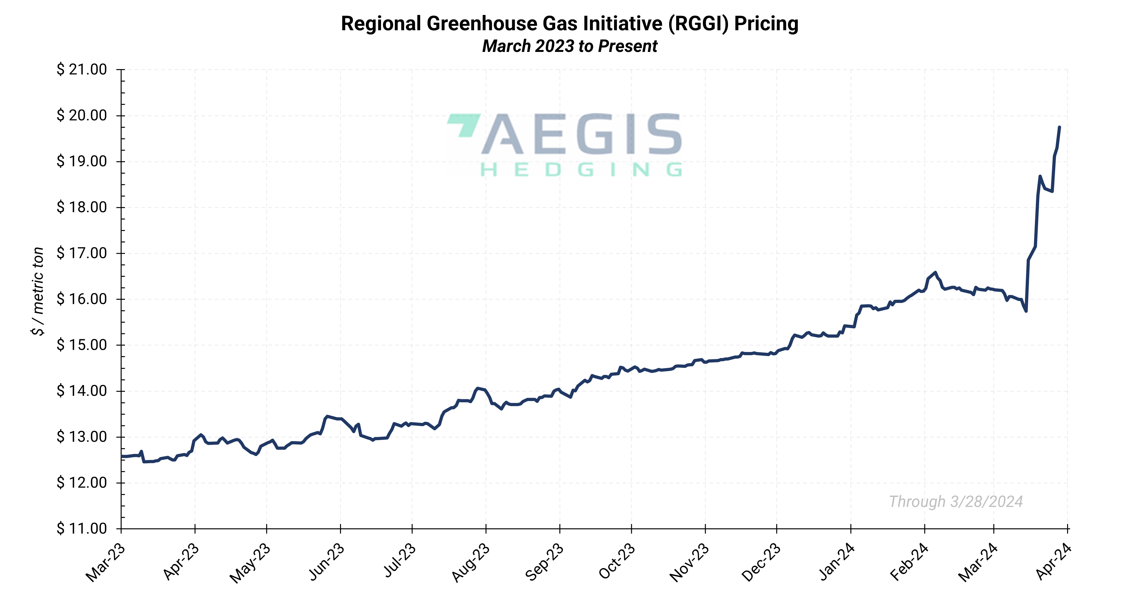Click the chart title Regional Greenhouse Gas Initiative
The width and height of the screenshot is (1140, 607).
(569, 24)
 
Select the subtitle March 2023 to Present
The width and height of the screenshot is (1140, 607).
(569, 46)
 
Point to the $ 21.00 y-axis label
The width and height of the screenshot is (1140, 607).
(82, 69)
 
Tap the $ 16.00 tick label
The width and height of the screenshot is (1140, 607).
(82, 299)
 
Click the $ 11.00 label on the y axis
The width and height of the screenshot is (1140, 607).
(82, 529)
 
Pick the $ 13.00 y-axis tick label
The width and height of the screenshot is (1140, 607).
(82, 437)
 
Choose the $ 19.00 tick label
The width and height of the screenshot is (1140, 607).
(82, 161)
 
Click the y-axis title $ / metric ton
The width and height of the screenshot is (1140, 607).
(38, 291)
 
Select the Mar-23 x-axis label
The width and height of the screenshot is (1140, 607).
(106, 563)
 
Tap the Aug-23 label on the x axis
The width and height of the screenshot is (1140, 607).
(471, 563)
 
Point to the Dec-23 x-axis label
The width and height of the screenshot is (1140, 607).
(761, 563)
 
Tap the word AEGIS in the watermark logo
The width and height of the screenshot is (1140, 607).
(581, 134)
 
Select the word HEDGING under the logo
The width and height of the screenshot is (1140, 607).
(581, 169)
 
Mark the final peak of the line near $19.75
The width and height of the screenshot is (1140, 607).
(1059, 127)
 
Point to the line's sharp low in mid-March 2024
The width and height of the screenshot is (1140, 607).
(1026, 311)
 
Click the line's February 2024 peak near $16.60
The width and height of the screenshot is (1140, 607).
(935, 272)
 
